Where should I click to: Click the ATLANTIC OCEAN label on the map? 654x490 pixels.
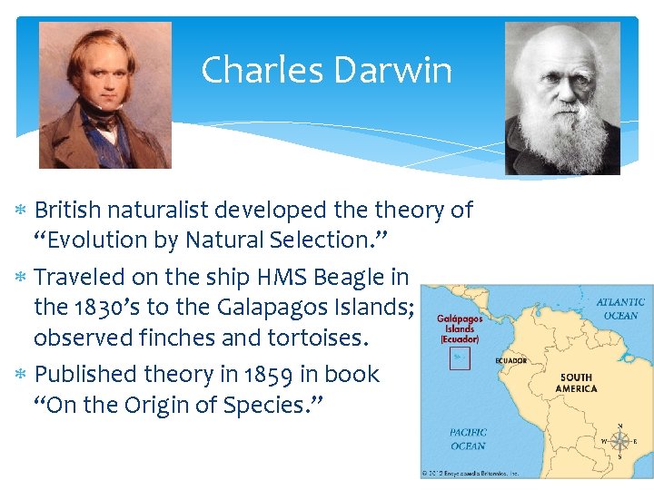tap(620, 309)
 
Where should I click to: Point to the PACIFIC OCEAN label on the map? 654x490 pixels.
tap(468, 439)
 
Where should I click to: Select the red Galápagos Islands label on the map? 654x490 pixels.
tap(460, 328)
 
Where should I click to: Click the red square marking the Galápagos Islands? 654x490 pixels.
tap(461, 359)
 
